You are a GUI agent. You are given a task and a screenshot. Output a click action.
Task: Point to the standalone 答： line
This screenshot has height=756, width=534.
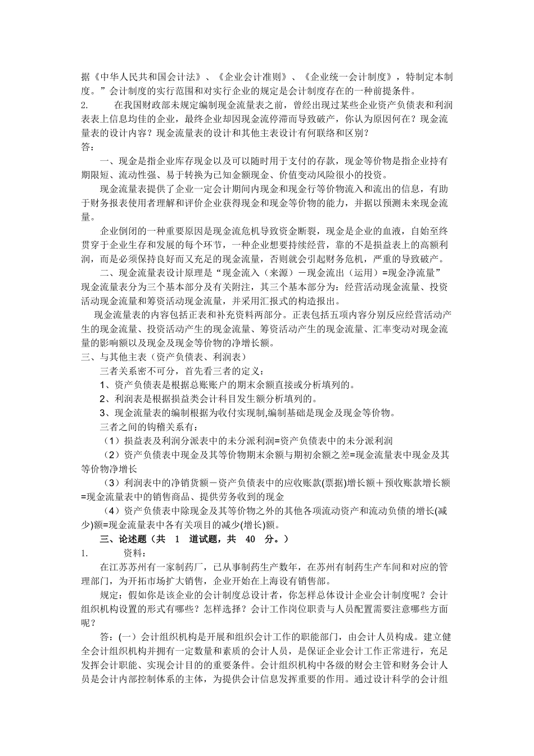pos(88,147)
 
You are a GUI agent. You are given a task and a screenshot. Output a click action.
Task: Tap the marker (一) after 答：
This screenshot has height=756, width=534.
pos(128,637)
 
